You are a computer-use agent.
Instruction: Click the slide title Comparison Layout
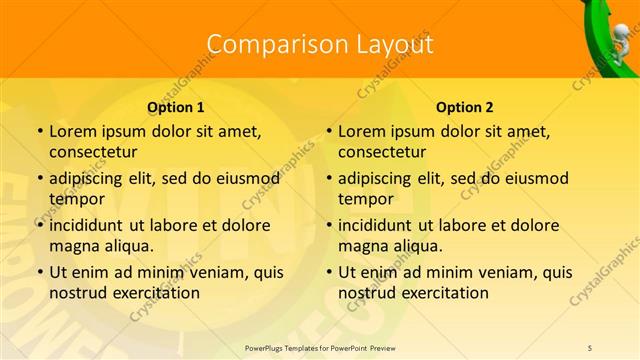coord(319,44)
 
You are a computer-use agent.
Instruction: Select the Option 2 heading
coord(464,106)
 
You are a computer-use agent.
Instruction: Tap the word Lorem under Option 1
coord(71,131)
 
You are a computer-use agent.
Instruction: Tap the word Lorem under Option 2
coord(360,131)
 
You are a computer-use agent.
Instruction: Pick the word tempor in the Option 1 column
coord(75,199)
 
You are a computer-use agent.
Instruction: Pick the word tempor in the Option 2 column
coord(364,199)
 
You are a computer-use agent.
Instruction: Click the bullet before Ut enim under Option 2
coord(331,272)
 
